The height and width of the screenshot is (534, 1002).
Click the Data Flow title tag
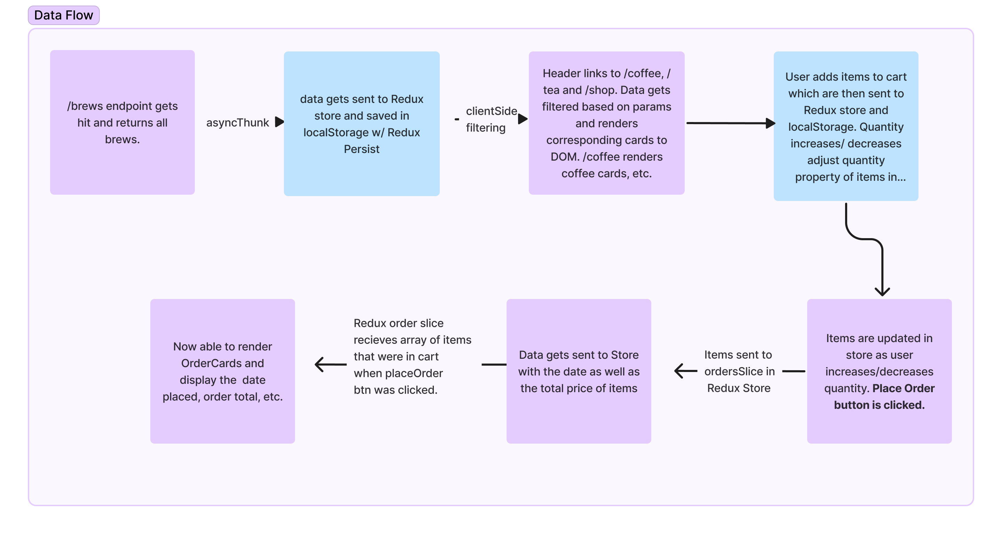click(x=63, y=15)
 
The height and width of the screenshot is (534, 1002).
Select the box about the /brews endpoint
click(x=122, y=122)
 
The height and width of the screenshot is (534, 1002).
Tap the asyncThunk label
click(x=237, y=122)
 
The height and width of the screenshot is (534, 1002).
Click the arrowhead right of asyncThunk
click(x=279, y=122)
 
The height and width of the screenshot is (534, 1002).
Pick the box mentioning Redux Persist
click(x=361, y=123)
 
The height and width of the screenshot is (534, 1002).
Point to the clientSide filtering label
click(x=491, y=119)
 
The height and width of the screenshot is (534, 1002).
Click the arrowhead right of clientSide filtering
click(x=523, y=119)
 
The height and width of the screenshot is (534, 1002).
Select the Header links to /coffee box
click(x=606, y=123)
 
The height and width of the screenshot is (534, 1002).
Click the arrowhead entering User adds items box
click(x=770, y=123)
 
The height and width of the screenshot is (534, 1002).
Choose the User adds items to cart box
click(x=846, y=126)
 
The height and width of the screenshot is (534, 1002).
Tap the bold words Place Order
click(x=903, y=388)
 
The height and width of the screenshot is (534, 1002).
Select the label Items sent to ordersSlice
click(x=739, y=371)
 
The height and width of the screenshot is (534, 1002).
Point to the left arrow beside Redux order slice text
click(x=330, y=365)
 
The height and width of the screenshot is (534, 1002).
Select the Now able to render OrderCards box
click(x=223, y=371)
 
